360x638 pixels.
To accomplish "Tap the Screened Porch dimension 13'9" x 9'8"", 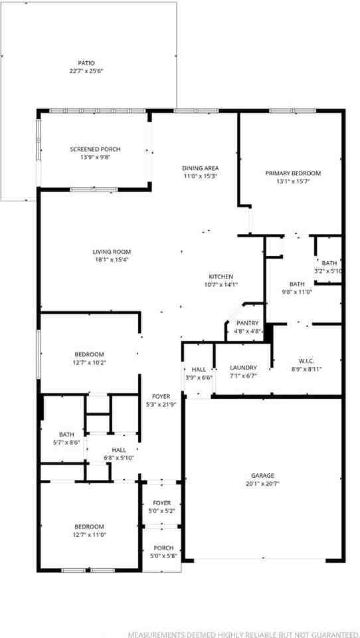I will pyautogui.click(x=95, y=158).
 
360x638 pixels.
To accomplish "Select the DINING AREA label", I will pyautogui.click(x=201, y=168).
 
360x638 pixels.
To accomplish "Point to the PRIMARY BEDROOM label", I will pyautogui.click(x=293, y=173).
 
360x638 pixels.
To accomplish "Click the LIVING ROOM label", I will pyautogui.click(x=112, y=252).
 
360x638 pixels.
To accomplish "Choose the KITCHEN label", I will pyautogui.click(x=221, y=276).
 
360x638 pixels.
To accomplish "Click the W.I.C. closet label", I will pyautogui.click(x=306, y=362).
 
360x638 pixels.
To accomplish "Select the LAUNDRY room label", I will pyautogui.click(x=243, y=368).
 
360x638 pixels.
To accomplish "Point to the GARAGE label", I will pyautogui.click(x=262, y=476).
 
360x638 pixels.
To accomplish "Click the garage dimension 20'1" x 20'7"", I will pyautogui.click(x=262, y=484).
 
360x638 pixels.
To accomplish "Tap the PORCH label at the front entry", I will pyautogui.click(x=163, y=548).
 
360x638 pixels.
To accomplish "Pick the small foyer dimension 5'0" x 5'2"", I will pyautogui.click(x=162, y=511).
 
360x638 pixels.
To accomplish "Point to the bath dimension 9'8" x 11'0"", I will pyautogui.click(x=296, y=291).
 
